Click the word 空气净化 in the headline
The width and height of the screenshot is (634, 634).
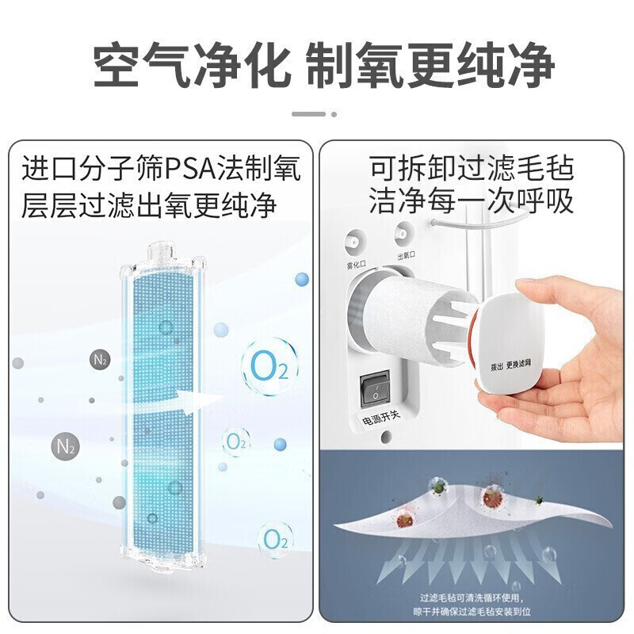[189, 65]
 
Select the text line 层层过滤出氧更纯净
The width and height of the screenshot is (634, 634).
[149, 204]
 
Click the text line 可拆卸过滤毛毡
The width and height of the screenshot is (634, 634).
[471, 169]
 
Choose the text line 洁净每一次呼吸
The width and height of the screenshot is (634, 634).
[471, 202]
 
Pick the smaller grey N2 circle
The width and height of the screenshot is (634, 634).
[100, 360]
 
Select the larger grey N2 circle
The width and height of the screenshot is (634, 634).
[66, 445]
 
